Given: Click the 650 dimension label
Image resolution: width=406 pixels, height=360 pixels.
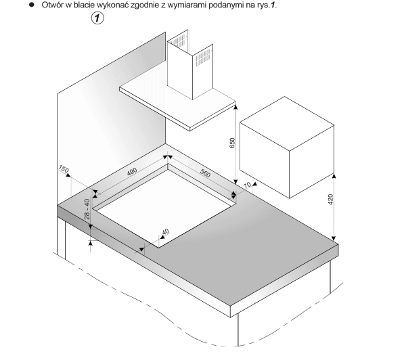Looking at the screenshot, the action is (232, 143).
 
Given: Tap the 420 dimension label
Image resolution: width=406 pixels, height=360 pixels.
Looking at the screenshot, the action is (330, 200).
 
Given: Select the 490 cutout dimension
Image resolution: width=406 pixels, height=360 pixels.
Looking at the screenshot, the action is (132, 171).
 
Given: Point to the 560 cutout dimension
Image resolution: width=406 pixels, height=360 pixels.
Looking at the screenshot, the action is (205, 173).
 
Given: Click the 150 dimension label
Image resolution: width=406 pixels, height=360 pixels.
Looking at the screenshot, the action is (64, 169).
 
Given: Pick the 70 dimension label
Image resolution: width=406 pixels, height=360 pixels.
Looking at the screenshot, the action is (247, 185).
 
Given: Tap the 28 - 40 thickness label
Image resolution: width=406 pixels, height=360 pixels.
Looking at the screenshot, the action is (87, 209).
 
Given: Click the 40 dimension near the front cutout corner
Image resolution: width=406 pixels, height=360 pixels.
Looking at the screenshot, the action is (165, 231).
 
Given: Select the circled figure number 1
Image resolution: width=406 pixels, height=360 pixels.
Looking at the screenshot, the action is (97, 18).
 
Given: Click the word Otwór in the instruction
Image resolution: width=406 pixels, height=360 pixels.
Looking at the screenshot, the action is (52, 5).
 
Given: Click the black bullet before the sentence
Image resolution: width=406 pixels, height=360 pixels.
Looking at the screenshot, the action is (32, 5).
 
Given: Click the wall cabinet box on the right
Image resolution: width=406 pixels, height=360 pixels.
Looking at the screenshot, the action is (287, 147).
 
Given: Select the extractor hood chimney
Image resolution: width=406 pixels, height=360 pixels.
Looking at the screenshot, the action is (190, 65).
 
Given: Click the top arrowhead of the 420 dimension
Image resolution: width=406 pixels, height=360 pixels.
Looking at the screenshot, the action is (334, 176).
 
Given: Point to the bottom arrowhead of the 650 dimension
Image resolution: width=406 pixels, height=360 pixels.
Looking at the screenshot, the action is (235, 182).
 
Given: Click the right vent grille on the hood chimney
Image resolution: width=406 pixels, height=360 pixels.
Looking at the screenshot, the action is (203, 58).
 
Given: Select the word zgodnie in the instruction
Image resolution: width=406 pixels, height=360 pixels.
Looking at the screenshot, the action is (145, 5).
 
